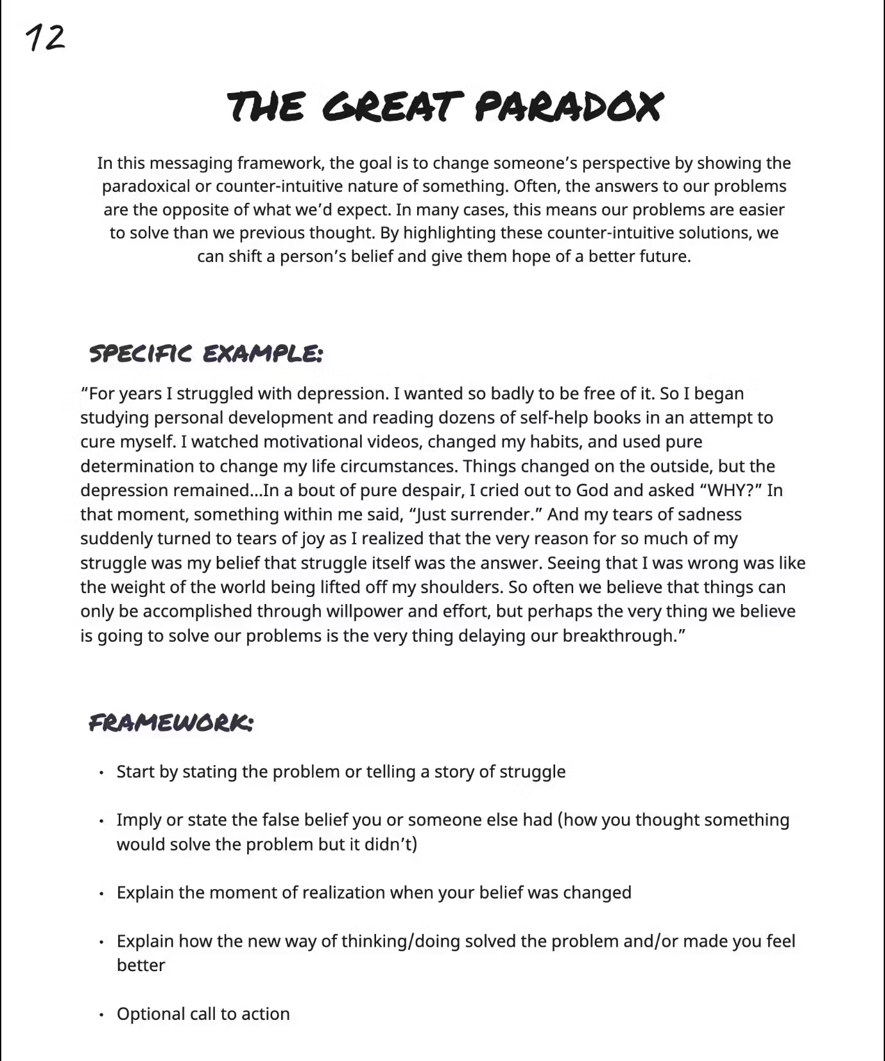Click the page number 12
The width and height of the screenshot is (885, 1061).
(45, 39)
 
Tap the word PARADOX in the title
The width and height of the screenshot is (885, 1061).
(568, 107)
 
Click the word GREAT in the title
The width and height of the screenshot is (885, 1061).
(392, 107)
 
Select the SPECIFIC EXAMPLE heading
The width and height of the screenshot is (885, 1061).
(205, 354)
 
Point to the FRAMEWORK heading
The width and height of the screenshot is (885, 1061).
(171, 723)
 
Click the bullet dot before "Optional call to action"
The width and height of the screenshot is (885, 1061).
(101, 1015)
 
